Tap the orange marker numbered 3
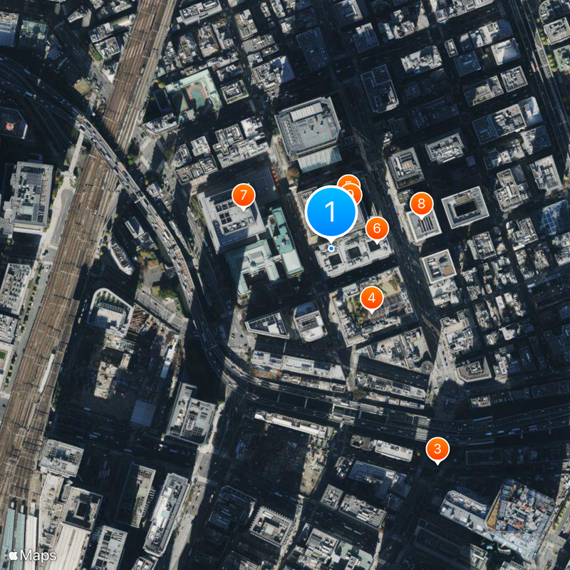437,450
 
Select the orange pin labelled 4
371,298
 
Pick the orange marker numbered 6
377,228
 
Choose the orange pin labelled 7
244,195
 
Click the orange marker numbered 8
421,204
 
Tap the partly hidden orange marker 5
348,184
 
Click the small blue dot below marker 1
331,248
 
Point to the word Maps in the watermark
38,554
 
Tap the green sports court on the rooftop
194,92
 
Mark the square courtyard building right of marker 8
465,207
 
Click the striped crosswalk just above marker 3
422,432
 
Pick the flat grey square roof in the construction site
142,413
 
